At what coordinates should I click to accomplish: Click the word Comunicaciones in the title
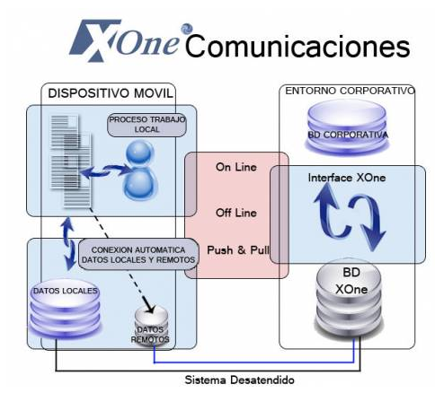(x=297, y=47)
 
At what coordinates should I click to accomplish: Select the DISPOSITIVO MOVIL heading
(x=111, y=93)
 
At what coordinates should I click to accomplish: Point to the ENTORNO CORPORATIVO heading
(x=350, y=91)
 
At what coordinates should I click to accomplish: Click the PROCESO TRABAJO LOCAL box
(x=146, y=125)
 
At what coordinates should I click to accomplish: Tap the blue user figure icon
(x=140, y=170)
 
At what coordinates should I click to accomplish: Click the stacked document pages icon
(x=71, y=161)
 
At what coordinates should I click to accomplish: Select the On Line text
(x=236, y=167)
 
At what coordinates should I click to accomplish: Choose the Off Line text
(x=236, y=213)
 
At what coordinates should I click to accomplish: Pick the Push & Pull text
(x=238, y=250)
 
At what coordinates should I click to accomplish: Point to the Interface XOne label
(x=347, y=178)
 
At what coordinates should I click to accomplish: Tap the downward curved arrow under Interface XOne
(x=368, y=222)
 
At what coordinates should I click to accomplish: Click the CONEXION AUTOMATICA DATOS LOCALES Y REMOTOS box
(x=138, y=255)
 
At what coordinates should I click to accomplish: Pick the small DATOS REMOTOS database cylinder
(x=151, y=326)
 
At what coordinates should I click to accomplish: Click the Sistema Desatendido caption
(x=240, y=380)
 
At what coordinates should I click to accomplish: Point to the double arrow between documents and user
(x=105, y=171)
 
